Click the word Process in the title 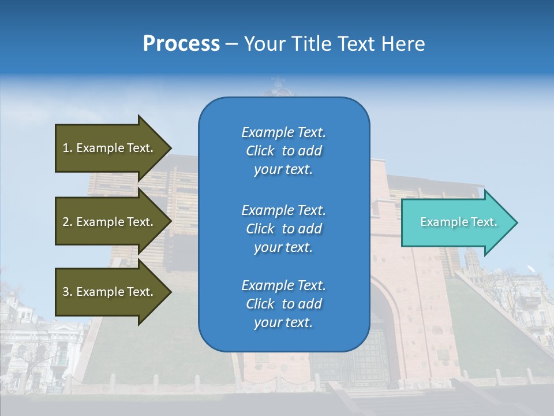(181, 44)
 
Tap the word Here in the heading (403, 44)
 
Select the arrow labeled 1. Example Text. (110, 148)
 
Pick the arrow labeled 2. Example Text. (110, 222)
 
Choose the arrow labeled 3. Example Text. (110, 292)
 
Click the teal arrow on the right (456, 222)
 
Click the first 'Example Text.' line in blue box (283, 132)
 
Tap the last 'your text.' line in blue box (283, 322)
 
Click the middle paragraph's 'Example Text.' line (283, 210)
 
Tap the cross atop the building (279, 81)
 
